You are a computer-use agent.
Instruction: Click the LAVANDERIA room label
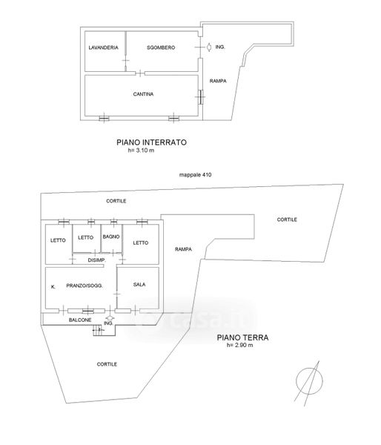pos(103,47)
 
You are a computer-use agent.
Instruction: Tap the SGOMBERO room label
pos(161,47)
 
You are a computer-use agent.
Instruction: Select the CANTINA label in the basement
pos(143,94)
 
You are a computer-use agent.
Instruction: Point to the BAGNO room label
pos(111,237)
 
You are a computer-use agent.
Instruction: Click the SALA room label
pos(139,284)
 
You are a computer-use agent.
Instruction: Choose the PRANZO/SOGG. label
pos(85,286)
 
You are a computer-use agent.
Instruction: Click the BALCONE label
pos(80,320)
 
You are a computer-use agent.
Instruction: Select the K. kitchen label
pos(53,287)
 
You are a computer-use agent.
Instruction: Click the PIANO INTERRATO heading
pos(151,142)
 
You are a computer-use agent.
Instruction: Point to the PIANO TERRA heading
pos(242,337)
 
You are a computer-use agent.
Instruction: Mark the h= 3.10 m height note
pos(141,151)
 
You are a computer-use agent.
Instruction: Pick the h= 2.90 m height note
pos(239,346)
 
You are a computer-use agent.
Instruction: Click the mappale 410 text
pos(195,175)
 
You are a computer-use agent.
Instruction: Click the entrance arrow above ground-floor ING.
pos(110,318)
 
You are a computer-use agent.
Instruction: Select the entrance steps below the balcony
pos(99,331)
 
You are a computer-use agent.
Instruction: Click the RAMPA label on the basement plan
pos(218,81)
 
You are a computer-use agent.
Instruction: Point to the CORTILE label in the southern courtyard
pos(107,364)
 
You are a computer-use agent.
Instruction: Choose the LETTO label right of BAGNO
pos(141,243)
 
